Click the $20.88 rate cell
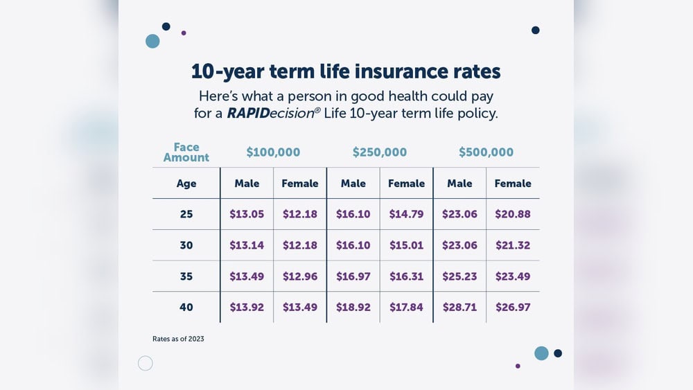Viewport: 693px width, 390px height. [x=513, y=214]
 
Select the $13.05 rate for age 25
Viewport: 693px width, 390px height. [x=247, y=214]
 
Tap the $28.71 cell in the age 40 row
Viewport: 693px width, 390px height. [x=459, y=307]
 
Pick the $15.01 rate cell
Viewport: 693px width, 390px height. [x=406, y=245]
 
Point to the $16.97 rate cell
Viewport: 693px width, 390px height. [x=353, y=276]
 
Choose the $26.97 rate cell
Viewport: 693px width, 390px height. [x=513, y=307]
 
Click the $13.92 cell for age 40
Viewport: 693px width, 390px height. [x=247, y=307]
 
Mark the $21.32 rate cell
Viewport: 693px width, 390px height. [x=513, y=245]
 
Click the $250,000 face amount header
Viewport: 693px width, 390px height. [x=380, y=152]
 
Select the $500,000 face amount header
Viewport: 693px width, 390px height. [x=486, y=152]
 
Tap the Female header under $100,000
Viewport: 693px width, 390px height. [x=300, y=184]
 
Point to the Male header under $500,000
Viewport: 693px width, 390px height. [x=459, y=184]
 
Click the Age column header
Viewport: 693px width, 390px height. [x=186, y=184]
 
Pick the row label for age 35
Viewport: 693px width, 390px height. [x=186, y=276]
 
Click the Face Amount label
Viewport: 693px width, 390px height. [x=186, y=152]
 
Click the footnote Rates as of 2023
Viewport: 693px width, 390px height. [x=178, y=339]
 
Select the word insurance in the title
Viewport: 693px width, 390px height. [x=396, y=71]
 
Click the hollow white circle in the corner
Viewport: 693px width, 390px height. [x=146, y=363]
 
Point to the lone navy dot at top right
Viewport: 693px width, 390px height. [x=535, y=30]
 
